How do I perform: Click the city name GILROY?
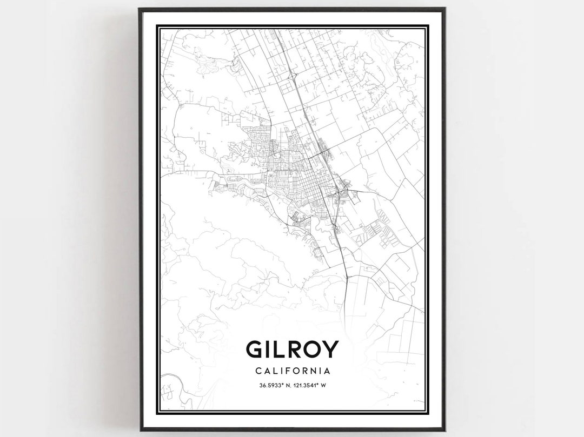(x=292, y=349)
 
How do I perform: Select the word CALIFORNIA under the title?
(x=292, y=372)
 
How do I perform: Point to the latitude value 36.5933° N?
(x=272, y=386)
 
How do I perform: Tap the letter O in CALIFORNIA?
(x=295, y=372)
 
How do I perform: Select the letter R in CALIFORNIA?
(x=304, y=372)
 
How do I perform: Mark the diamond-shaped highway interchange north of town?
(x=293, y=77)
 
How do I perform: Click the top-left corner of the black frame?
(x=140, y=9)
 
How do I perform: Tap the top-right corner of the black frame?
(x=444, y=9)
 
